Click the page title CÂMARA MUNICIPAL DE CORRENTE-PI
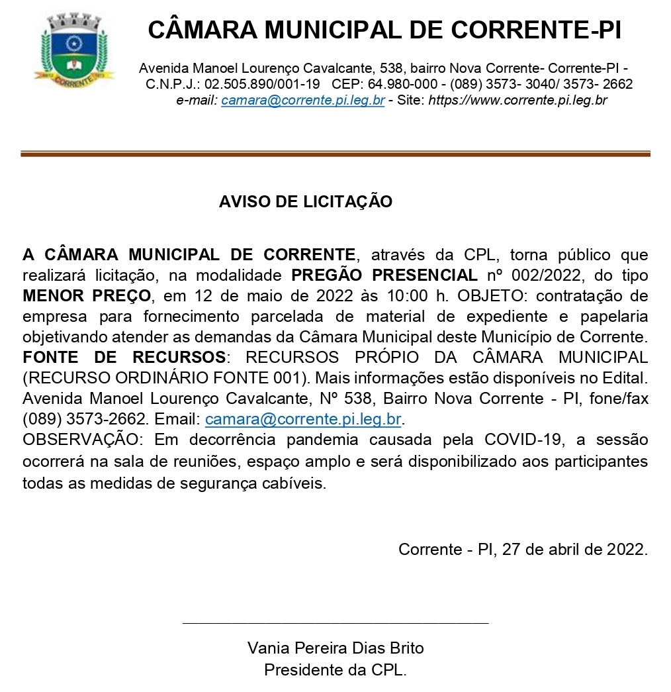(x=384, y=30)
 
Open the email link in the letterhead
(x=302, y=101)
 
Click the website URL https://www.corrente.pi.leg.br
(x=518, y=101)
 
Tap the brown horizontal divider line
(x=335, y=154)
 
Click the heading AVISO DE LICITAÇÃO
(x=305, y=202)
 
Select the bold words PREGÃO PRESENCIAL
(x=384, y=275)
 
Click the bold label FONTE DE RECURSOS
(x=124, y=358)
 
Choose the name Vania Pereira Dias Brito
(x=335, y=648)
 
